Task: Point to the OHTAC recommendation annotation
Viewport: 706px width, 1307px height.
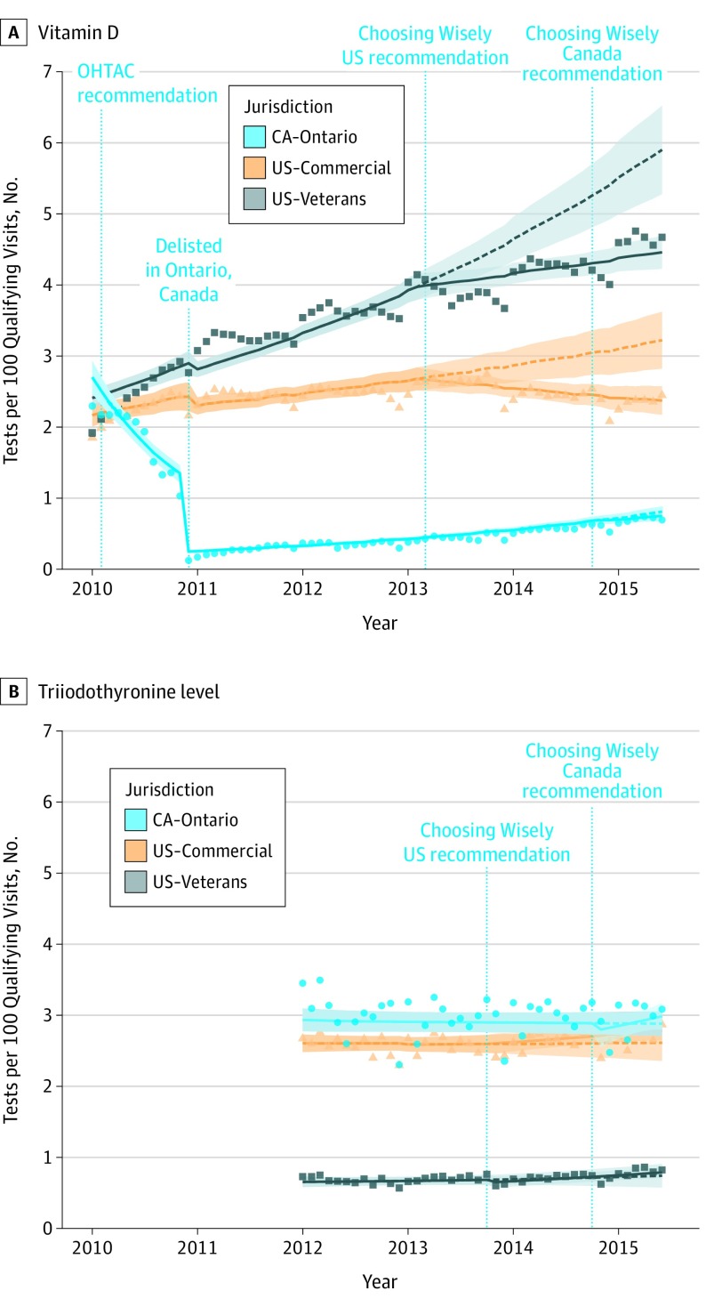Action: (148, 82)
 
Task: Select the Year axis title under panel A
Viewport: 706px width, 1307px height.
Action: (380, 623)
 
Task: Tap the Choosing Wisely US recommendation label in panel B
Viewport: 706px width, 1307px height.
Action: (486, 843)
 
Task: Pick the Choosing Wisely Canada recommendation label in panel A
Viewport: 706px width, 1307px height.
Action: (593, 52)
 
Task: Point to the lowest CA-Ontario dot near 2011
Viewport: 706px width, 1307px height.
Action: (189, 560)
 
